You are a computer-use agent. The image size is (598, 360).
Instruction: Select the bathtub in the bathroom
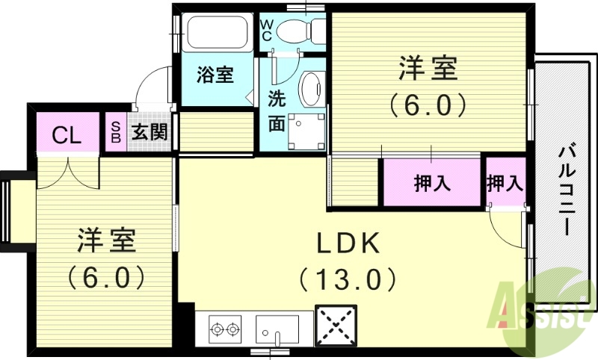(x=215, y=33)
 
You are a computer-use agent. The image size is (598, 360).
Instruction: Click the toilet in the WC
(x=299, y=31)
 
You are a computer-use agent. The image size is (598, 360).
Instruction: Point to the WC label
(x=266, y=30)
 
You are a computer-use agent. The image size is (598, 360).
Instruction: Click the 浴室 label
(x=215, y=75)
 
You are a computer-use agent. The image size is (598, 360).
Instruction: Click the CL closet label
(x=67, y=135)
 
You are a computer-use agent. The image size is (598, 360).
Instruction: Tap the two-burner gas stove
(x=225, y=328)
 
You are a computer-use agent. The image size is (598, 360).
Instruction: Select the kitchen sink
(x=277, y=327)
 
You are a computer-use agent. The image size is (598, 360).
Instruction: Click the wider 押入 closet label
(x=433, y=183)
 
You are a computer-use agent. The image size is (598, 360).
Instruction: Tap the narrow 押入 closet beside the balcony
(x=504, y=182)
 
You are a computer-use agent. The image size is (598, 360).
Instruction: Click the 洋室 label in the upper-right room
(x=427, y=71)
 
